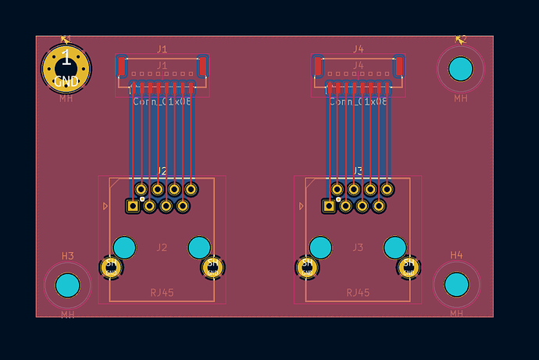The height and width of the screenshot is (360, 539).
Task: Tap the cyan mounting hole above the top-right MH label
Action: [x=461, y=70]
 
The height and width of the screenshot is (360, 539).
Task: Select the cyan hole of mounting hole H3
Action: [x=68, y=286]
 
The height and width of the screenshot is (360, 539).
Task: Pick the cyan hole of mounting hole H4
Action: [x=457, y=286]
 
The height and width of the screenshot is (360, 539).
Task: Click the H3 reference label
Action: [x=68, y=256]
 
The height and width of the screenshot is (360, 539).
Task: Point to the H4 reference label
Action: [x=456, y=255]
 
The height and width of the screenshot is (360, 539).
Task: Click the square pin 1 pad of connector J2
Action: [x=133, y=206]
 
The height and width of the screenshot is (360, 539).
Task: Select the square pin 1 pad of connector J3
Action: [x=329, y=206]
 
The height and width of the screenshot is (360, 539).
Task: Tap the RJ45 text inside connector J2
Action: [x=162, y=293]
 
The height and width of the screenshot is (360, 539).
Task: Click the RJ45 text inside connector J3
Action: [x=358, y=293]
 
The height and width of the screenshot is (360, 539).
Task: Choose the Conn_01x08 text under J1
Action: [x=162, y=102]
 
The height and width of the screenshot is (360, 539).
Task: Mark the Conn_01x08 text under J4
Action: [x=359, y=102]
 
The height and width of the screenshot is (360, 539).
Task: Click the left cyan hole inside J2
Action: [x=124, y=248]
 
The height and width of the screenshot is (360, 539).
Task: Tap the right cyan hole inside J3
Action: [x=395, y=248]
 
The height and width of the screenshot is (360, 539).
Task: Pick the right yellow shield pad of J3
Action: [x=408, y=268]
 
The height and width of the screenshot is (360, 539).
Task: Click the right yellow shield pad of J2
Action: [x=212, y=268]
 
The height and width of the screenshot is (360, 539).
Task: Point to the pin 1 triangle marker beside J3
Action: [x=302, y=206]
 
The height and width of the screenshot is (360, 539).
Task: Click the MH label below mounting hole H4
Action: [x=456, y=314]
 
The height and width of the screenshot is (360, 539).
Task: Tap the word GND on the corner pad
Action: [x=66, y=81]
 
